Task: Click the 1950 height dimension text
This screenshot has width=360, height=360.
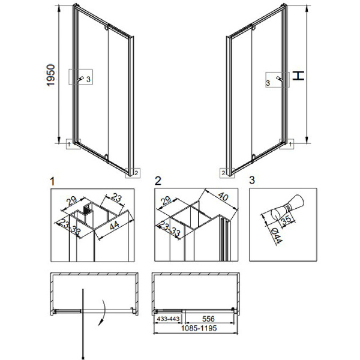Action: coord(51,76)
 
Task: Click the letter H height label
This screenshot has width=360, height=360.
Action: coord(298,76)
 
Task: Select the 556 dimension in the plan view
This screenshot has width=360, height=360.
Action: coord(208,319)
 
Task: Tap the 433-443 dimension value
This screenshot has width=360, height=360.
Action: coord(168,319)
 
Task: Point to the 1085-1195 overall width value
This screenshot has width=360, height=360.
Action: coord(199,328)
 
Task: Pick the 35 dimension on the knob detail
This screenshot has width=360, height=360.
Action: coord(286,220)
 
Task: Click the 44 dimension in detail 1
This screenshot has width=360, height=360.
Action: coord(114,226)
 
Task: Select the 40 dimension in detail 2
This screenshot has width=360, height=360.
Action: coord(223,196)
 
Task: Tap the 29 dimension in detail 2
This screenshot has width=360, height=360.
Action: coord(166,200)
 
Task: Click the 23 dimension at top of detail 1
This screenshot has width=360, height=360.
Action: coord(116,197)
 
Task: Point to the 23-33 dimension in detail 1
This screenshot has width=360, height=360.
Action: coord(69,227)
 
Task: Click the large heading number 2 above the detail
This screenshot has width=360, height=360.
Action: coord(158,181)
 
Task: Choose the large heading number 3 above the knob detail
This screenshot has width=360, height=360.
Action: coord(252,180)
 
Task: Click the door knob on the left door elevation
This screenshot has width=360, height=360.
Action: coord(80,79)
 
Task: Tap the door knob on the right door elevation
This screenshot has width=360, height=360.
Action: coord(280,79)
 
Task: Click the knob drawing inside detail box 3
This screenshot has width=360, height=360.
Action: coord(287,207)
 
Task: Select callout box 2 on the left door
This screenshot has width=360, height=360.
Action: coord(133,173)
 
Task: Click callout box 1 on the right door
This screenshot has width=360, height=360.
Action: coord(287,144)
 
